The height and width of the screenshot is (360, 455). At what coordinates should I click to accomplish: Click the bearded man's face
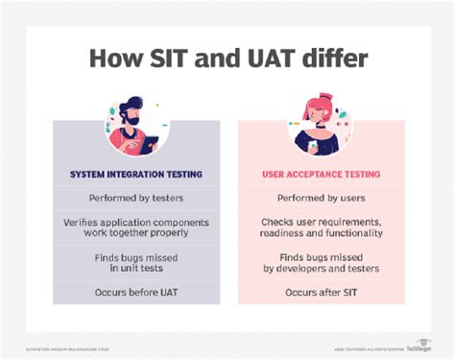[135, 113]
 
